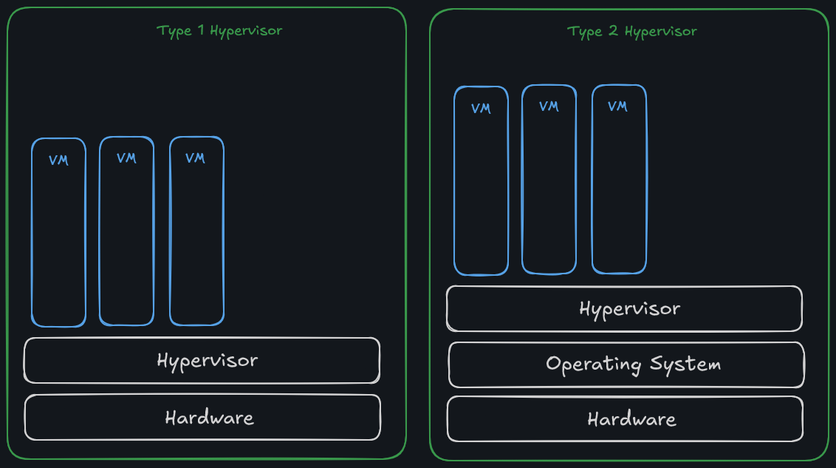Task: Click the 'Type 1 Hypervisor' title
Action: coord(219,30)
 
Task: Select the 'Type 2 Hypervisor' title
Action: coord(631,31)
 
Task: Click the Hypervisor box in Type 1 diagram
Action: coord(202,360)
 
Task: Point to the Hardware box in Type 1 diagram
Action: coord(202,417)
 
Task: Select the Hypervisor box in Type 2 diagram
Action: coord(624,308)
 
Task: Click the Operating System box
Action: coord(626,364)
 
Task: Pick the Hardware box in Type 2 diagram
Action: coord(625,419)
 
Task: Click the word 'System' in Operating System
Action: coord(685,364)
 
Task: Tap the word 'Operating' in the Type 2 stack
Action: coord(594,365)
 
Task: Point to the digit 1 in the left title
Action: coord(201,30)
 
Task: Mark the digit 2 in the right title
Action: coord(614,31)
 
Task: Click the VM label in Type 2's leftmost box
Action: coord(481,109)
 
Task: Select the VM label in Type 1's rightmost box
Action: coord(195,158)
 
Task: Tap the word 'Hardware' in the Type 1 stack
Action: coord(209,418)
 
